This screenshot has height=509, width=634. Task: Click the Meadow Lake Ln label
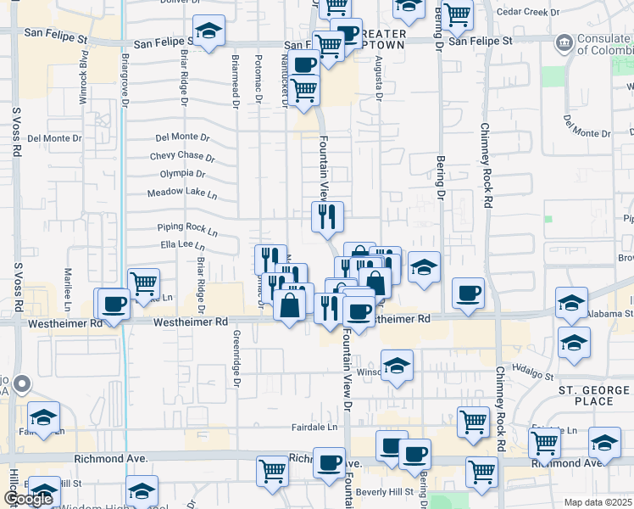click(182, 193)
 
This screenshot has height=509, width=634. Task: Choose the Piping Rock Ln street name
click(187, 228)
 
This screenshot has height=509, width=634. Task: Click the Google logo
click(28, 500)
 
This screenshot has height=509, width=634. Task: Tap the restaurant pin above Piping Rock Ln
click(326, 216)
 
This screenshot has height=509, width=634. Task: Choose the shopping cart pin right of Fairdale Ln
click(472, 422)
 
